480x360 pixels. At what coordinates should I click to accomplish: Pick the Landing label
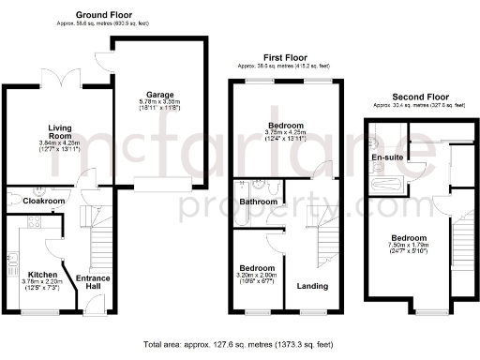click(311, 285)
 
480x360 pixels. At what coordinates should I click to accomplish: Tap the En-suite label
click(385, 157)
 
